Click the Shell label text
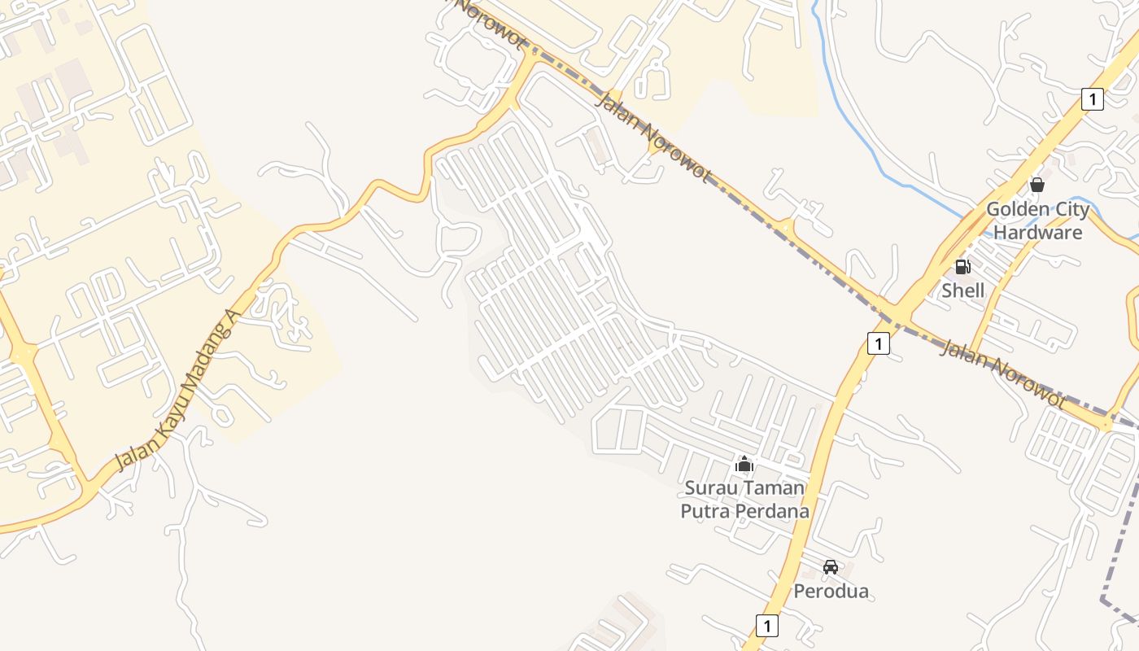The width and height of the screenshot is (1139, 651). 962,291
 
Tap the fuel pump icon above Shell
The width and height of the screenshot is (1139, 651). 962,267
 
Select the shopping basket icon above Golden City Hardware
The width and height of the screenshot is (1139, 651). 1037,185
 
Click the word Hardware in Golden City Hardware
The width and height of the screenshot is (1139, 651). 1037,233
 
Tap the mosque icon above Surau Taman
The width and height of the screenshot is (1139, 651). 744,465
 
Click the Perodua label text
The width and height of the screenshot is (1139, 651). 831,591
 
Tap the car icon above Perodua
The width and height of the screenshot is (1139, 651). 831,566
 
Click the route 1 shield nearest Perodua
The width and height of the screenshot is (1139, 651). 766,625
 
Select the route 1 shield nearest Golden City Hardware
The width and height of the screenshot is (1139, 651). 1093,99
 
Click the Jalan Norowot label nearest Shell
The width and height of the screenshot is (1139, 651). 1002,374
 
